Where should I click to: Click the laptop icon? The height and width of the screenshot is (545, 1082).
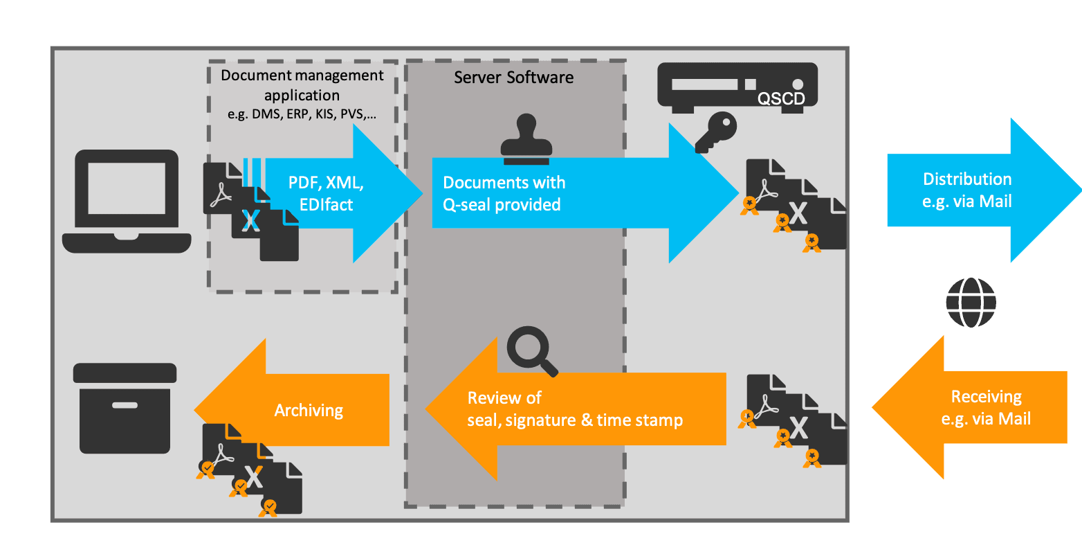[x=127, y=201]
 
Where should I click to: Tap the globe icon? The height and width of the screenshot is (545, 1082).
[x=971, y=302]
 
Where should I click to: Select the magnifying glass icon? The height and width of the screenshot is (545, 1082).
[x=531, y=350]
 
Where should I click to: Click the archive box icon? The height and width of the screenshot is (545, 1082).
[x=125, y=408]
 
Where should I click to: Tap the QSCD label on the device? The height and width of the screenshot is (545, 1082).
[x=781, y=99]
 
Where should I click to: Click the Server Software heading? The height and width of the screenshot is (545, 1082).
[x=513, y=77]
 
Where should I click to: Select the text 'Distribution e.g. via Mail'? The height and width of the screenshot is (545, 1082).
[x=967, y=190]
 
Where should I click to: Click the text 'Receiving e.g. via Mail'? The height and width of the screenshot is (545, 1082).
[x=986, y=407]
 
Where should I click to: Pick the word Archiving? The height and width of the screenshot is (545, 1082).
[x=309, y=410]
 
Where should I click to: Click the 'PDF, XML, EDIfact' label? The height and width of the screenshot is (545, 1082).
[x=326, y=193]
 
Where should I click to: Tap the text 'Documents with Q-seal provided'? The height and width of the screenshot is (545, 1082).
[x=504, y=193]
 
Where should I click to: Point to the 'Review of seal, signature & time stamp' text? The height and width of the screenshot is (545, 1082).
[x=574, y=409]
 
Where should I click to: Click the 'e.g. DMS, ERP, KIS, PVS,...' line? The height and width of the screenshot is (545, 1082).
[x=302, y=114]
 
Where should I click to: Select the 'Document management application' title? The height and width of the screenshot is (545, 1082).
[x=302, y=84]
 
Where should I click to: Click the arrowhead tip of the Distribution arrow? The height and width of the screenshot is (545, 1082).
[x=1079, y=190]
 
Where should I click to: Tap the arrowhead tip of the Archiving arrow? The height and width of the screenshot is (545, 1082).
[x=196, y=409]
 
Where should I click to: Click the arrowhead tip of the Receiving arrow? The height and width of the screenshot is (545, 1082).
[x=873, y=407]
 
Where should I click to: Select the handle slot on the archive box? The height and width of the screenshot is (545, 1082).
[x=125, y=405]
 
